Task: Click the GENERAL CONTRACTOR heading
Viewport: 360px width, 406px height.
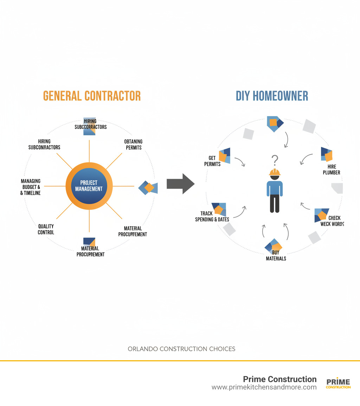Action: click(x=92, y=96)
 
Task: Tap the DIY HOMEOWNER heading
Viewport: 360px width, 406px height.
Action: click(x=272, y=96)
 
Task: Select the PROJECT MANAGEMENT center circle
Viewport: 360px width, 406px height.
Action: click(x=89, y=186)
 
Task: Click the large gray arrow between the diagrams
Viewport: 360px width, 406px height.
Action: click(x=180, y=184)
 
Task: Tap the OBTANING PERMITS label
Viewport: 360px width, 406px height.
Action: click(x=133, y=144)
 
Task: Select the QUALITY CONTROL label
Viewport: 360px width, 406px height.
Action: click(x=46, y=229)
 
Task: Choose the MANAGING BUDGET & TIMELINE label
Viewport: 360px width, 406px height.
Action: click(x=31, y=187)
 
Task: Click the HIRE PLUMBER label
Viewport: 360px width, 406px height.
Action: click(x=331, y=170)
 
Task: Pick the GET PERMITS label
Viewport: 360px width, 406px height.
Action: click(x=212, y=161)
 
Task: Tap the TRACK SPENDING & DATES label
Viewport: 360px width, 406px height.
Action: click(x=212, y=216)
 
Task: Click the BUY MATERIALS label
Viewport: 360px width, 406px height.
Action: click(x=276, y=255)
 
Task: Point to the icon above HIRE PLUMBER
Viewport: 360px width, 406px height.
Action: click(x=327, y=154)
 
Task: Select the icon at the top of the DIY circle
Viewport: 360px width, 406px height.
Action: click(x=275, y=123)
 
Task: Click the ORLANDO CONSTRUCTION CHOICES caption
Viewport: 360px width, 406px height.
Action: click(x=181, y=349)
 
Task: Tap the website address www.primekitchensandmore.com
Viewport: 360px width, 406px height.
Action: click(x=264, y=387)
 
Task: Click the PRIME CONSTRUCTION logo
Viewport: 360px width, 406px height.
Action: click(x=338, y=383)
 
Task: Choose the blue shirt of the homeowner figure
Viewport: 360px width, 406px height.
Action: click(x=275, y=188)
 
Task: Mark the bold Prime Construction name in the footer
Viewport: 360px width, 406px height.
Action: click(x=280, y=379)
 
